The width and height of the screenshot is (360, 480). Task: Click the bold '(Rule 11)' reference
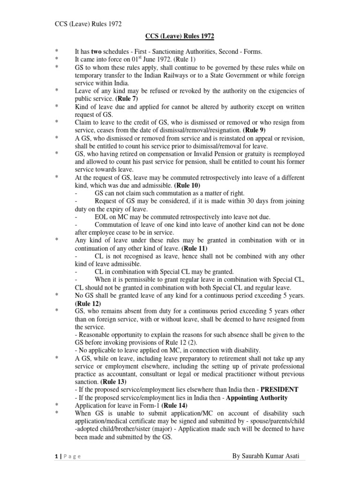click(x=193, y=248)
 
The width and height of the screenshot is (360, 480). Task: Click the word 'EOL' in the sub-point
click(x=102, y=217)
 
